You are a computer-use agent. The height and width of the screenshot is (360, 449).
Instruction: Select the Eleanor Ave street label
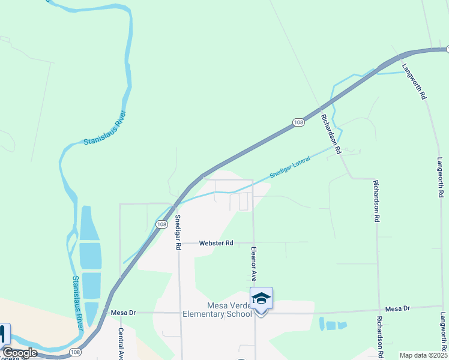(254, 264)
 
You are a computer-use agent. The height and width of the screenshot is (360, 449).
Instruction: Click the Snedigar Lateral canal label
(290, 166)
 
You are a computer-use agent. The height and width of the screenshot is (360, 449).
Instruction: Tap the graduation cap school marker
(261, 298)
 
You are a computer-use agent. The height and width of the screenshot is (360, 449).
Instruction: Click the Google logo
(20, 353)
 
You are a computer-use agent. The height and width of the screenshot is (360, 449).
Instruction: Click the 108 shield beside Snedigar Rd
(161, 224)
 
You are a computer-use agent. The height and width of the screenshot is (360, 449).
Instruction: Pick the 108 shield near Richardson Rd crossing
(298, 122)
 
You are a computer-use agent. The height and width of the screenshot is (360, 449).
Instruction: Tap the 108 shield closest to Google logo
(75, 352)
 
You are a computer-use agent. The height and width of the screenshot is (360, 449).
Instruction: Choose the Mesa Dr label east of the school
(397, 308)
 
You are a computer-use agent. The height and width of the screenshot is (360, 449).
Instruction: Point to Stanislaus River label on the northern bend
(106, 128)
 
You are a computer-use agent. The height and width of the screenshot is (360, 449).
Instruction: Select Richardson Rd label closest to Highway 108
(331, 133)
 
